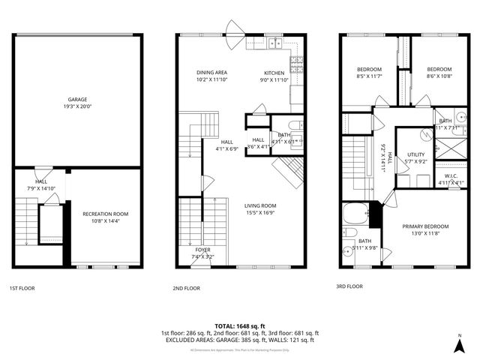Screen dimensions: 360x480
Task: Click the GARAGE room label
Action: pos(78,98)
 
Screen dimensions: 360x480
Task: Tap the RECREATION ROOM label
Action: pos(105,214)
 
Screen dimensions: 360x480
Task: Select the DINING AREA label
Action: pos(212,72)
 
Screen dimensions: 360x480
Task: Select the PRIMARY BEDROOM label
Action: pos(425,226)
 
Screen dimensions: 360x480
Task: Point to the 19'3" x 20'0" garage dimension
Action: pos(78,106)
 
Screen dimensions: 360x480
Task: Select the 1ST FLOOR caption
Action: pos(22,288)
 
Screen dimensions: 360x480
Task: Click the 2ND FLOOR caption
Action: pos(186,288)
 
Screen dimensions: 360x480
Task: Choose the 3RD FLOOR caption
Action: pos(349,286)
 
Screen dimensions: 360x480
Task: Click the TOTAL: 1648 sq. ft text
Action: pos(239,326)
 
